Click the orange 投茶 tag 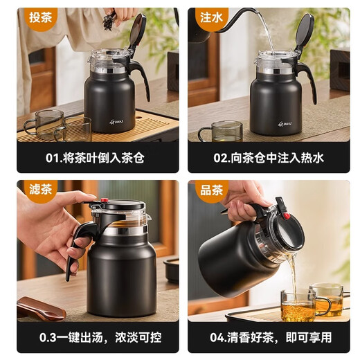pos(38,18)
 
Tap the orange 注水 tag pos(209,18)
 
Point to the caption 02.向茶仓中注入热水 pos(268,158)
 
